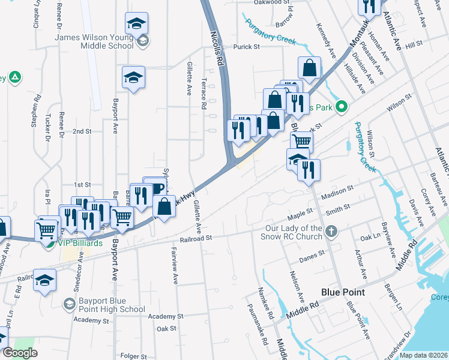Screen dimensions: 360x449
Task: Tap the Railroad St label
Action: pyautogui.click(x=196, y=238)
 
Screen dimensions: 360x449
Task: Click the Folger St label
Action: pyautogui.click(x=134, y=356)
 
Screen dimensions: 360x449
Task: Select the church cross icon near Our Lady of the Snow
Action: pyautogui.click(x=332, y=231)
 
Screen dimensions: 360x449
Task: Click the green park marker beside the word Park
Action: pyautogui.click(x=342, y=107)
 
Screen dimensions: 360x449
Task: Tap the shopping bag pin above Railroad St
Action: pyautogui.click(x=164, y=207)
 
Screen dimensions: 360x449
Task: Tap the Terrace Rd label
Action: pyautogui.click(x=205, y=94)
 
